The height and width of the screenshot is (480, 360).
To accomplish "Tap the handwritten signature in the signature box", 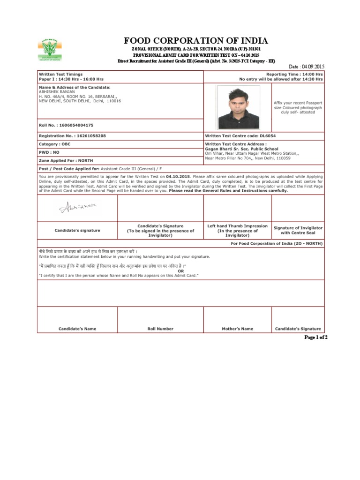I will click(x=79, y=207).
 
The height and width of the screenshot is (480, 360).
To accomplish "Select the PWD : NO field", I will click(x=49, y=152).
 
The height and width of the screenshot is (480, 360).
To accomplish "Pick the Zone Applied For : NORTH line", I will click(x=66, y=160).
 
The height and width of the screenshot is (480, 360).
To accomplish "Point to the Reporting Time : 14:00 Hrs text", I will click(x=294, y=75).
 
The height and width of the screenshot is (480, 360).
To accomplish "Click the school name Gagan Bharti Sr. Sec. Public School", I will click(x=241, y=149).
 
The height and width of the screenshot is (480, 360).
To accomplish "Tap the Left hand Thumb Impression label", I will click(x=237, y=226).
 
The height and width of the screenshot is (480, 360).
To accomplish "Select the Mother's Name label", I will click(x=237, y=329).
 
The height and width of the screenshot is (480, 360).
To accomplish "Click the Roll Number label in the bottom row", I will click(x=160, y=329).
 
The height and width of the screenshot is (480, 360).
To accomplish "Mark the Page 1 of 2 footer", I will click(x=316, y=337).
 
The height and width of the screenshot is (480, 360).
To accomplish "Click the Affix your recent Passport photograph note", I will click(x=298, y=107).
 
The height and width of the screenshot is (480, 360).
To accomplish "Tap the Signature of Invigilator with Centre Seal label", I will click(x=298, y=230).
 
